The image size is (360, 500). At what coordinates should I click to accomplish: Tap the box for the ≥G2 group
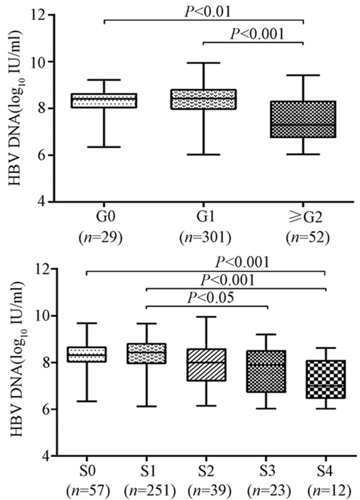click(x=303, y=119)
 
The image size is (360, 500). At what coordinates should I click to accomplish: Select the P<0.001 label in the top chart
click(x=257, y=34)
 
